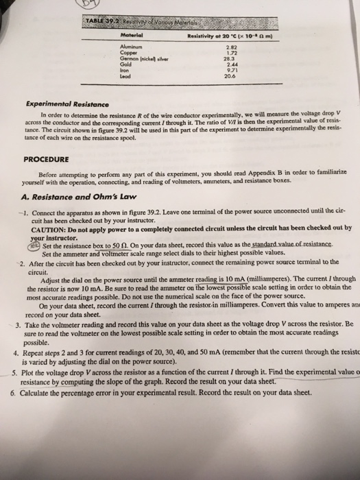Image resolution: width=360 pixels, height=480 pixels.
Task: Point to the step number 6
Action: click(15, 393)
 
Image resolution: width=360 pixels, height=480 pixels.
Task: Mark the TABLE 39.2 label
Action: click(99, 22)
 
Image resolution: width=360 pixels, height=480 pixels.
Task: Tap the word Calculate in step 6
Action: click(38, 393)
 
